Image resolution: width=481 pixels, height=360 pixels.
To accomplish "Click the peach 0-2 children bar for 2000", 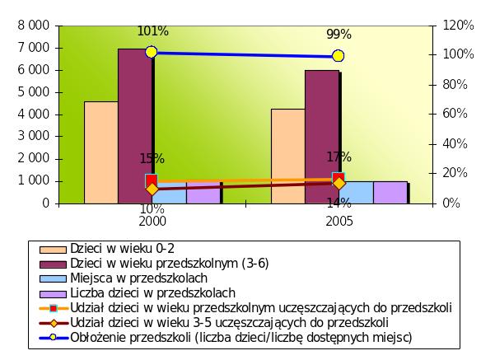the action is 101,152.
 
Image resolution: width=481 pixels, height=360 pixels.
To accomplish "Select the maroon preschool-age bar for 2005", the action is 322,137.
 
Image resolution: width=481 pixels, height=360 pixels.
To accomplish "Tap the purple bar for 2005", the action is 390,193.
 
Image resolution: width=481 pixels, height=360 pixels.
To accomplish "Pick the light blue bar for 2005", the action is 356,193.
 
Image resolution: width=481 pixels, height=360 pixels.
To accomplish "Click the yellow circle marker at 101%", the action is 152,52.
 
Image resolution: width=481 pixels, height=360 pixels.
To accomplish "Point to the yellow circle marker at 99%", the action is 338,56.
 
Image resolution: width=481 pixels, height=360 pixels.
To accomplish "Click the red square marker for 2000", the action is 152,180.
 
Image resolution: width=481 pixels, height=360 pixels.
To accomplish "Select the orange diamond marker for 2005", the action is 339,184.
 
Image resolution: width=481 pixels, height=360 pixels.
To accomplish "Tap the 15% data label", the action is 152,159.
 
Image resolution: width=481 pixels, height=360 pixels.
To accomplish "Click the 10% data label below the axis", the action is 152,209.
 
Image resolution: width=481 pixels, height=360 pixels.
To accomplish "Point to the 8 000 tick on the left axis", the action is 34,26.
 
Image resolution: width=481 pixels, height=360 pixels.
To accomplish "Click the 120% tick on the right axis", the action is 458,25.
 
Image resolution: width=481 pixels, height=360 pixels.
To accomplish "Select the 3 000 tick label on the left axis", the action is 34,136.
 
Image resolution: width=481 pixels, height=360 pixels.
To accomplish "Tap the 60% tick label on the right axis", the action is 455,114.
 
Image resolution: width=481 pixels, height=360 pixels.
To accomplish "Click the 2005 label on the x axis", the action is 339,222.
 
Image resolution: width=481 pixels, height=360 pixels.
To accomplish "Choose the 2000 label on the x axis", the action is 152,222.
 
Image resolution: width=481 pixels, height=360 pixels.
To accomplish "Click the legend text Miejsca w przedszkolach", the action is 139,278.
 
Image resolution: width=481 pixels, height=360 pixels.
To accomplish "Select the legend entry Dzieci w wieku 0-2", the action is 107,249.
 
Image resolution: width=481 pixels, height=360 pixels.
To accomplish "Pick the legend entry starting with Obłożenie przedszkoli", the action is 226,337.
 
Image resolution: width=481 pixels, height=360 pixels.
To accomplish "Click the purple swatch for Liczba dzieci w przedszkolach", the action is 53,294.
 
